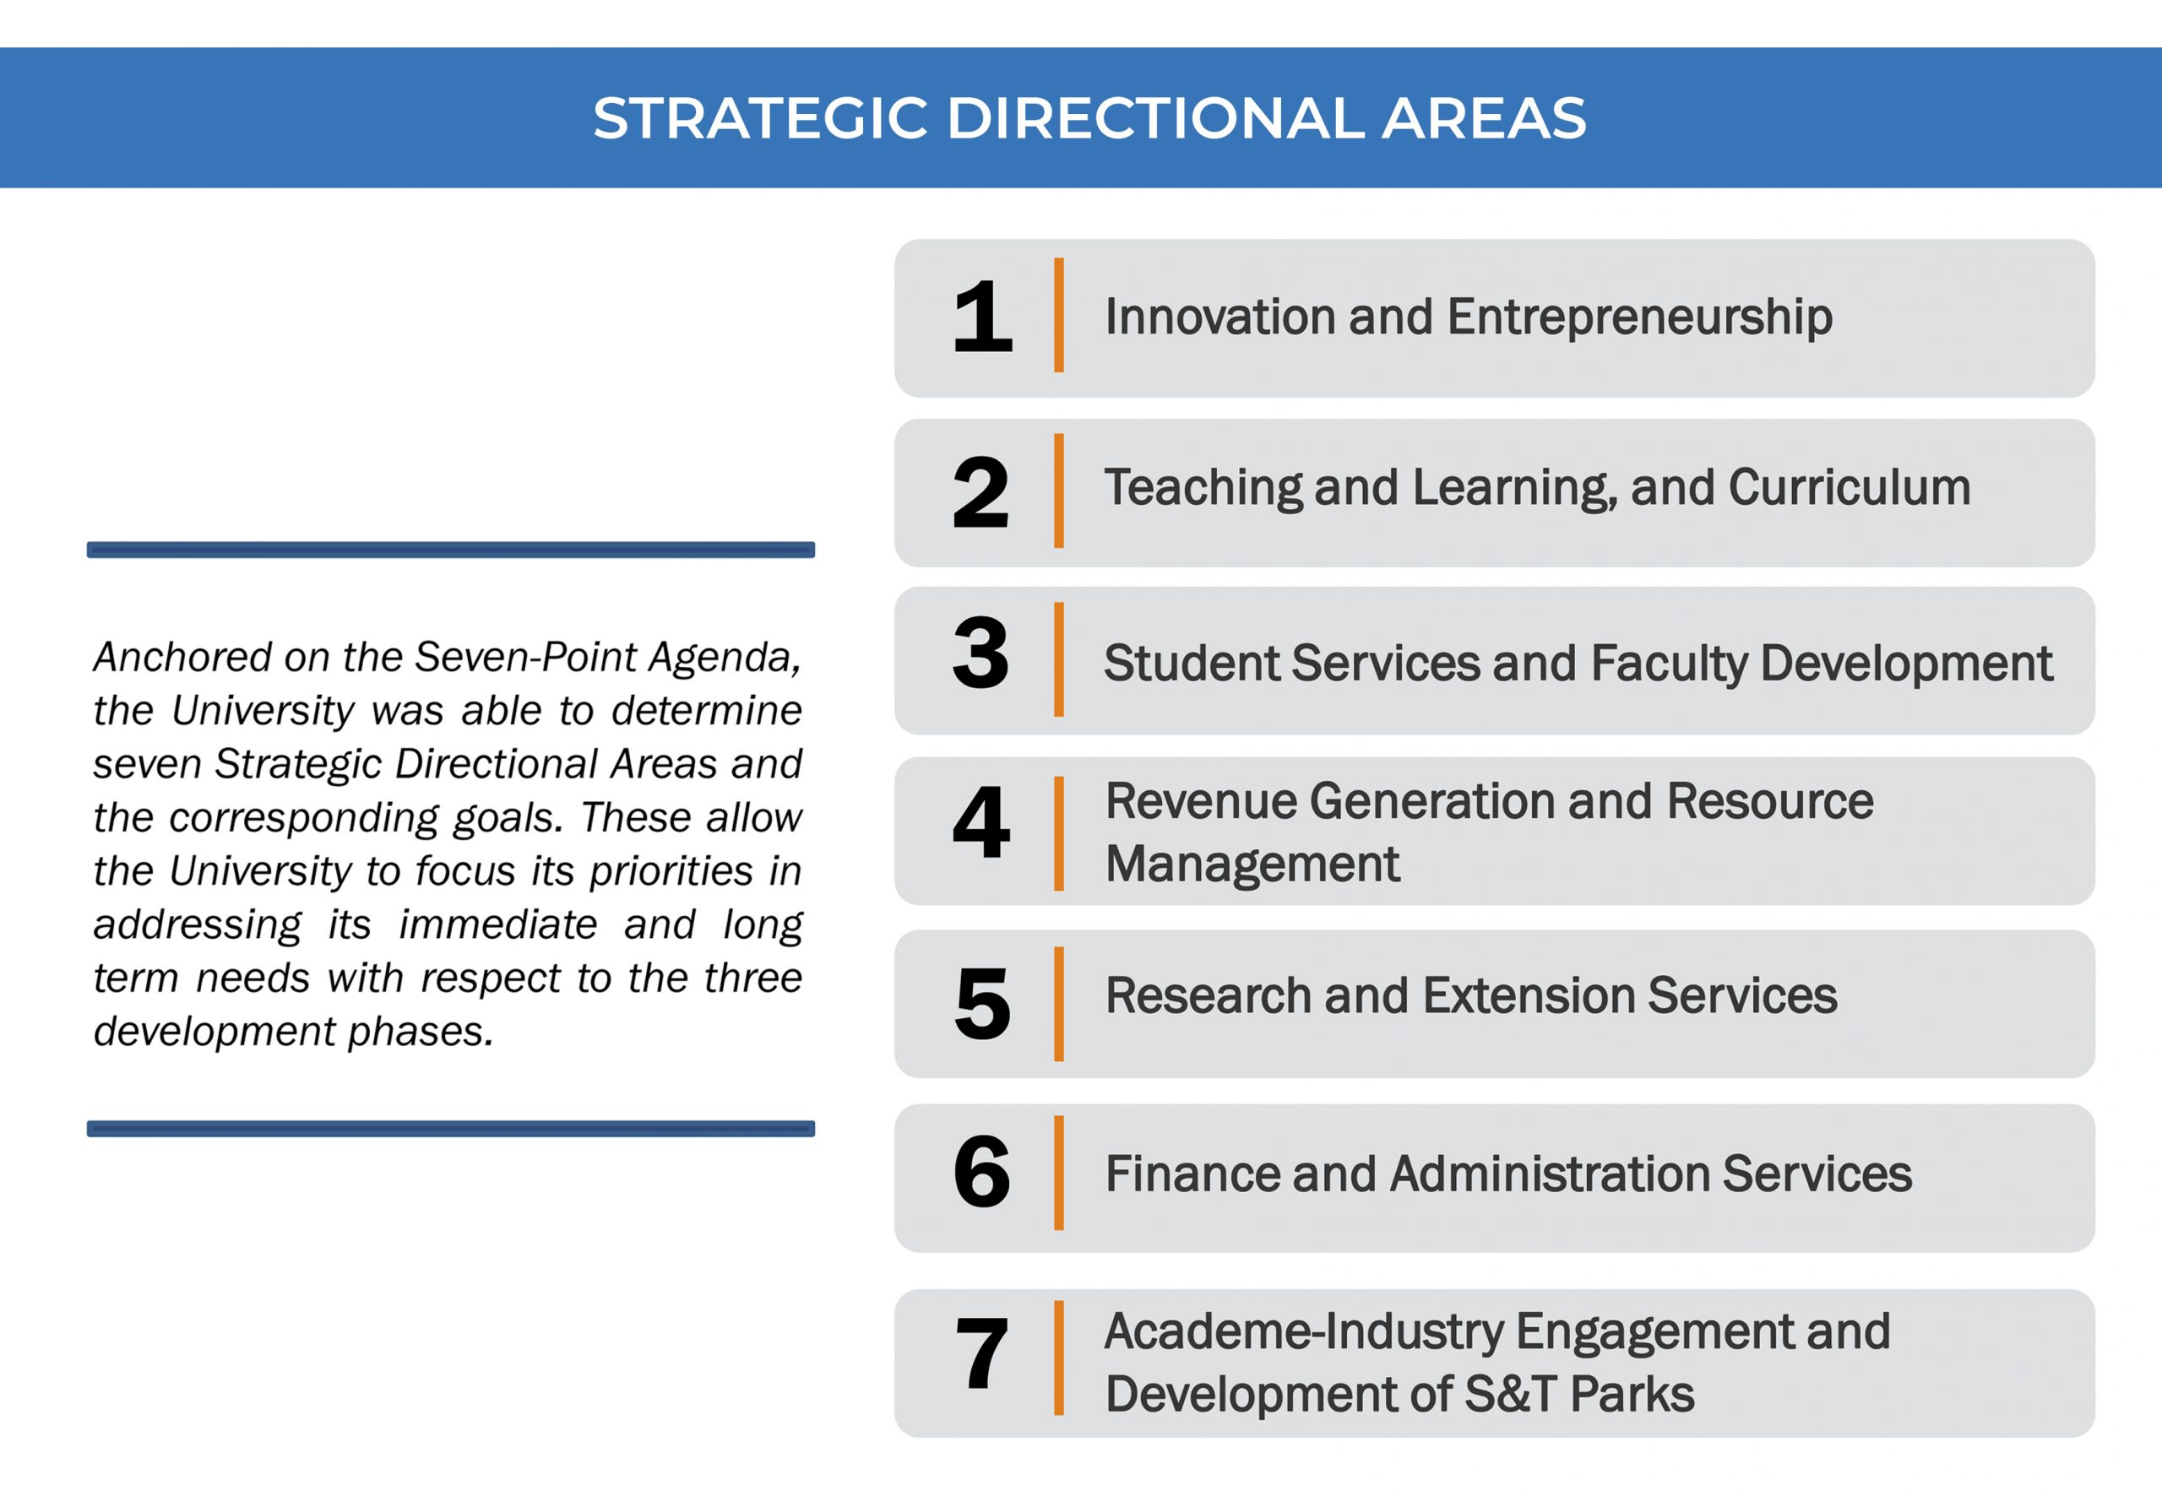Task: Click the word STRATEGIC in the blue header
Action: click(x=760, y=118)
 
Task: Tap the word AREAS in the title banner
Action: click(x=1483, y=118)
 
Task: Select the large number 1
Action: click(x=981, y=316)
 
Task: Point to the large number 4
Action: click(x=981, y=822)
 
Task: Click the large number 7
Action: click(x=981, y=1352)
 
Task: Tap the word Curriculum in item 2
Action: click(x=1849, y=487)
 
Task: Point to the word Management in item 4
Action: click(x=1252, y=865)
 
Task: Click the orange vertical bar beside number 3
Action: click(x=1058, y=660)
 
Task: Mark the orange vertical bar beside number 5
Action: click(x=1058, y=1004)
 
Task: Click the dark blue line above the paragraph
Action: click(x=451, y=550)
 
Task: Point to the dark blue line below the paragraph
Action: click(x=451, y=1129)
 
